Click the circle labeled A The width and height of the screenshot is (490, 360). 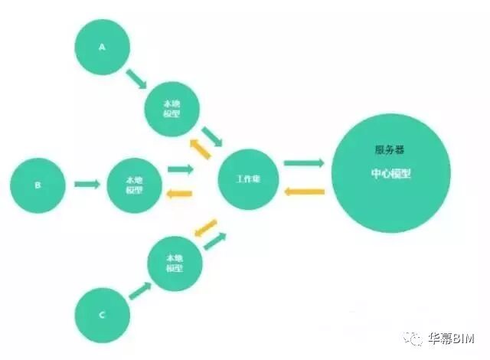point(102,47)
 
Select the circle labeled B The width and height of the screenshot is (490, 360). point(38,184)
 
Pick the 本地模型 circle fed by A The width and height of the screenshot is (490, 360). point(172,107)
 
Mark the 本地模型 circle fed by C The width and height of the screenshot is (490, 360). point(175,264)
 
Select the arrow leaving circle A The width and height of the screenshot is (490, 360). point(136,79)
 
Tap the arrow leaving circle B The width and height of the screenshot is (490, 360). point(87,184)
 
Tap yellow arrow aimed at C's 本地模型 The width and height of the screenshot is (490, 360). point(204,227)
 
